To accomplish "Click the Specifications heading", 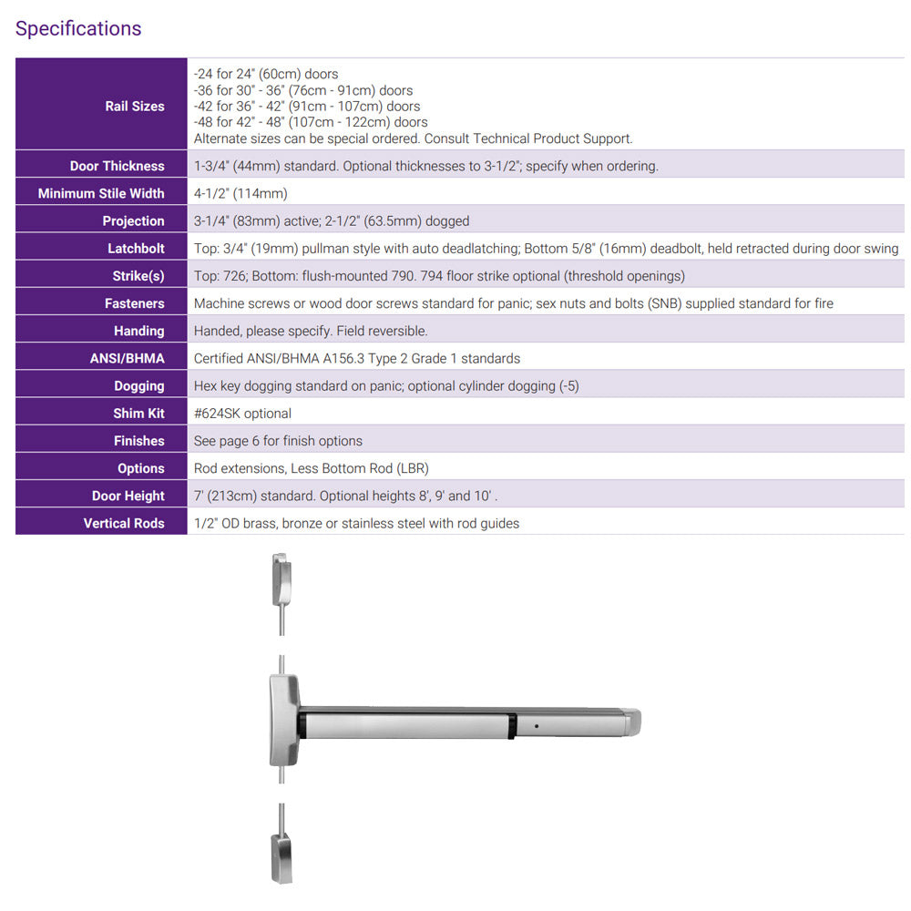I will [x=78, y=28].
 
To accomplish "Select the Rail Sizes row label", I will [x=135, y=106].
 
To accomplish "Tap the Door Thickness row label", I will [x=118, y=166].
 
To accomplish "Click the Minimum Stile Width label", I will [x=101, y=193].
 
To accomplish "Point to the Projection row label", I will [x=133, y=220].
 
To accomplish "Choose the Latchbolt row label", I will [x=136, y=249].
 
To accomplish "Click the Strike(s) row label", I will [x=138, y=276].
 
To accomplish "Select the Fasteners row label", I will [x=135, y=303].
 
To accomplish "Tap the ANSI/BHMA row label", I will [x=127, y=358].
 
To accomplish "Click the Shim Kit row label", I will [x=138, y=413].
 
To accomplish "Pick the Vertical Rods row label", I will [x=124, y=523].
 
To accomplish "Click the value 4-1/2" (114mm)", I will [x=241, y=193].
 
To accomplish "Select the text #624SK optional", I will [x=242, y=413].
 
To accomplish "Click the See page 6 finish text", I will [x=278, y=441].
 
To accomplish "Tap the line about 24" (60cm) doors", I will [x=266, y=74].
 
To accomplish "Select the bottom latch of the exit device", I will [x=281, y=857].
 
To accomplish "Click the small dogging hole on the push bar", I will [x=537, y=725].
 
